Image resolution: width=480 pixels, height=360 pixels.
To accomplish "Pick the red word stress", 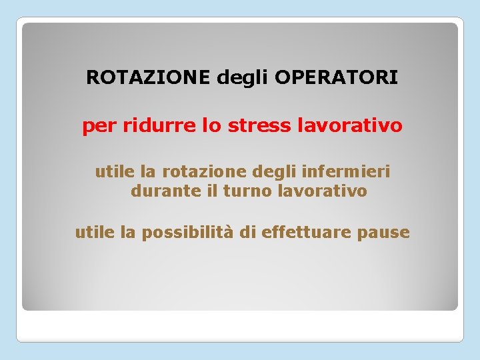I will point(253,125).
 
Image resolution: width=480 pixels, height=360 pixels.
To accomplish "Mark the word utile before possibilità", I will point(95,232).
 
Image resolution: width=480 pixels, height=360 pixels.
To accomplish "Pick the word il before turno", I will point(211,191).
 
